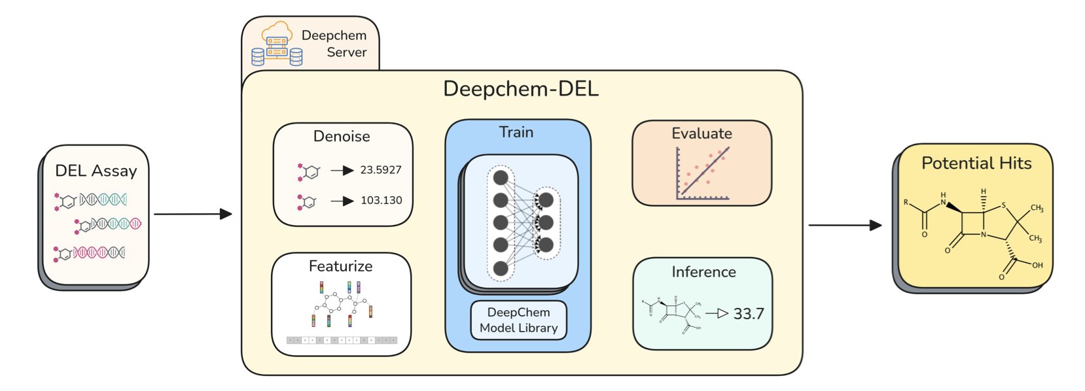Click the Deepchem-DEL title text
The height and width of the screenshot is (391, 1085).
click(x=520, y=89)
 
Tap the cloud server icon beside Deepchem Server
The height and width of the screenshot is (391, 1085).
click(x=277, y=44)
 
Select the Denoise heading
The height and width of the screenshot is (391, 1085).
click(x=342, y=136)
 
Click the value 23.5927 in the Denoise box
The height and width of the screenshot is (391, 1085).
click(x=380, y=170)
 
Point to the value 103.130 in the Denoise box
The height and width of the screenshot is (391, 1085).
click(x=381, y=200)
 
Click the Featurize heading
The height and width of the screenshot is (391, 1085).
click(x=340, y=266)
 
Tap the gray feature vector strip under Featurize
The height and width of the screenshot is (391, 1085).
click(x=342, y=340)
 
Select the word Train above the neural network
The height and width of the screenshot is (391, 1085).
click(x=516, y=132)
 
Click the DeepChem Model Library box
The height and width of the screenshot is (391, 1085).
click(x=518, y=320)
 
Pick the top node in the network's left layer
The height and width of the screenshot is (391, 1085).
click(x=501, y=178)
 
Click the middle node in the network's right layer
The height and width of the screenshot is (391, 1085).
click(x=545, y=222)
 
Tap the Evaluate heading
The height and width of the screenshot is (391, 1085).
click(x=702, y=133)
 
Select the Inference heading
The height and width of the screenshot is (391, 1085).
click(x=703, y=272)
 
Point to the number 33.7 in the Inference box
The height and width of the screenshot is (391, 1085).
click(x=748, y=314)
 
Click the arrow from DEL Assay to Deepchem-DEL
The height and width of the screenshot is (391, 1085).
click(x=193, y=214)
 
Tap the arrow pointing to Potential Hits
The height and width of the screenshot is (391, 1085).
click(x=845, y=225)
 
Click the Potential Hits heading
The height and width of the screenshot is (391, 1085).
click(x=976, y=163)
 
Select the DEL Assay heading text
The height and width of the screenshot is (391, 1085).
click(x=96, y=171)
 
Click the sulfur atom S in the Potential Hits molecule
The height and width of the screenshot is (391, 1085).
click(x=1003, y=206)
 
